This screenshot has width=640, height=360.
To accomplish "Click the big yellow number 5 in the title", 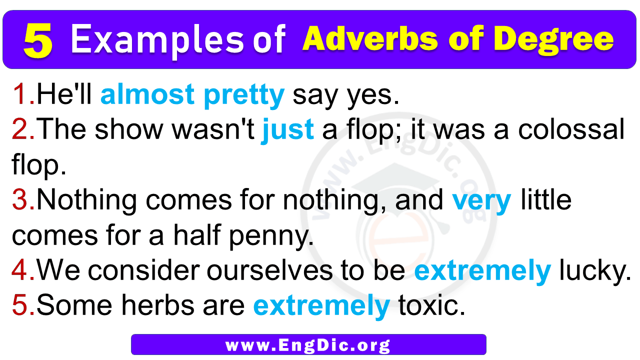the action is [38, 40].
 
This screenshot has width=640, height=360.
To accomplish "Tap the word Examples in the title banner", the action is [157, 40].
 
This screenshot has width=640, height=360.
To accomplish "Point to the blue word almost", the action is [147, 94].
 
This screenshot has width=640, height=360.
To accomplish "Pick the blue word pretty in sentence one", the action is [244, 95].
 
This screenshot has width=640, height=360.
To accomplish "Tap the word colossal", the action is [571, 129].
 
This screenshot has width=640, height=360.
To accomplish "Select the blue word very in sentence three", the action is [481, 201].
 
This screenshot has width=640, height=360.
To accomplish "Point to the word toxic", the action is [431, 305].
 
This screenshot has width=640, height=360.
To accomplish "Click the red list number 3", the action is [23, 199].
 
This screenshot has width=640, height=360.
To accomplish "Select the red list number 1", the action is [23, 93].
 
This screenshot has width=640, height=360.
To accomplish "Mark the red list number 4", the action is [23, 270].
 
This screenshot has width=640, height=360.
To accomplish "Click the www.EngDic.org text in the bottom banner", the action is [308, 345].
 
